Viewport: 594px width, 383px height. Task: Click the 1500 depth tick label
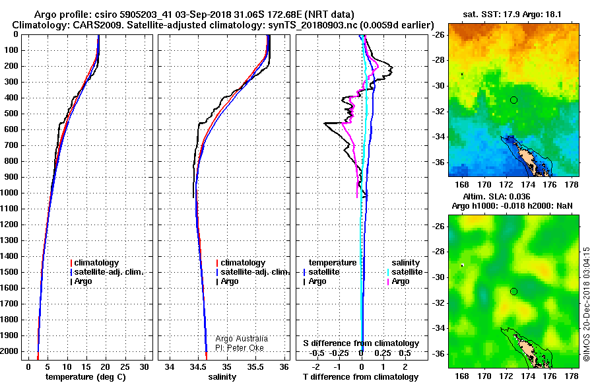(x=9, y=272)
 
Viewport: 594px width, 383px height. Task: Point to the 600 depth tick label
(x=11, y=129)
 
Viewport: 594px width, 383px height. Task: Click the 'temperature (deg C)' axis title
(x=86, y=377)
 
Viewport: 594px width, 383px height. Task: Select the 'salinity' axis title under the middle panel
(x=222, y=377)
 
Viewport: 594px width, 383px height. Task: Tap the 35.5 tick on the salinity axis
(x=255, y=367)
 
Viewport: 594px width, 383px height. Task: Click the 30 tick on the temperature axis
(x=145, y=367)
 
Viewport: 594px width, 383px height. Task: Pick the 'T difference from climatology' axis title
(x=361, y=377)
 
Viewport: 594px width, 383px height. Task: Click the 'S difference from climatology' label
(x=361, y=343)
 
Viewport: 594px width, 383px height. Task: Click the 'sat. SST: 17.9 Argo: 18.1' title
(x=512, y=15)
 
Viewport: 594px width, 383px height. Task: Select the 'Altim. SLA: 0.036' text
(x=496, y=196)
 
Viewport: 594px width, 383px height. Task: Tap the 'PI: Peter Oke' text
(x=240, y=348)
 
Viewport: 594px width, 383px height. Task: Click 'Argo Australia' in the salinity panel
(x=242, y=339)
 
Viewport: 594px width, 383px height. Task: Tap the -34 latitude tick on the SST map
(x=440, y=137)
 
